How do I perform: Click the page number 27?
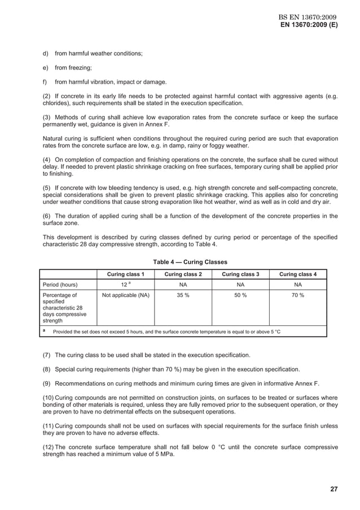[x=333, y=489]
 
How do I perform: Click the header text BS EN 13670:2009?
[x=309, y=18]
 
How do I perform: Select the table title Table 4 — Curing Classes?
[x=190, y=262]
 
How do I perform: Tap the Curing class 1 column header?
[x=126, y=274]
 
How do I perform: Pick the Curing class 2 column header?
[x=183, y=274]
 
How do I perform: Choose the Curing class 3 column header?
[x=240, y=274]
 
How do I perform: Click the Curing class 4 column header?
[x=298, y=274]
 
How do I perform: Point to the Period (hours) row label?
[x=62, y=285]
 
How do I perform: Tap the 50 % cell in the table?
[x=240, y=295]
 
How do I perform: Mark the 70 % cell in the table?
[x=298, y=295]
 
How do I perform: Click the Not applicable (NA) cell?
[x=126, y=295]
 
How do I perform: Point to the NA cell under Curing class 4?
[x=298, y=285]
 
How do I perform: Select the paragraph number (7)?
[x=48, y=355]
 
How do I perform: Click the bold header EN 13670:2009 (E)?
[x=309, y=26]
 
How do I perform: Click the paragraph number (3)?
[x=48, y=117]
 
